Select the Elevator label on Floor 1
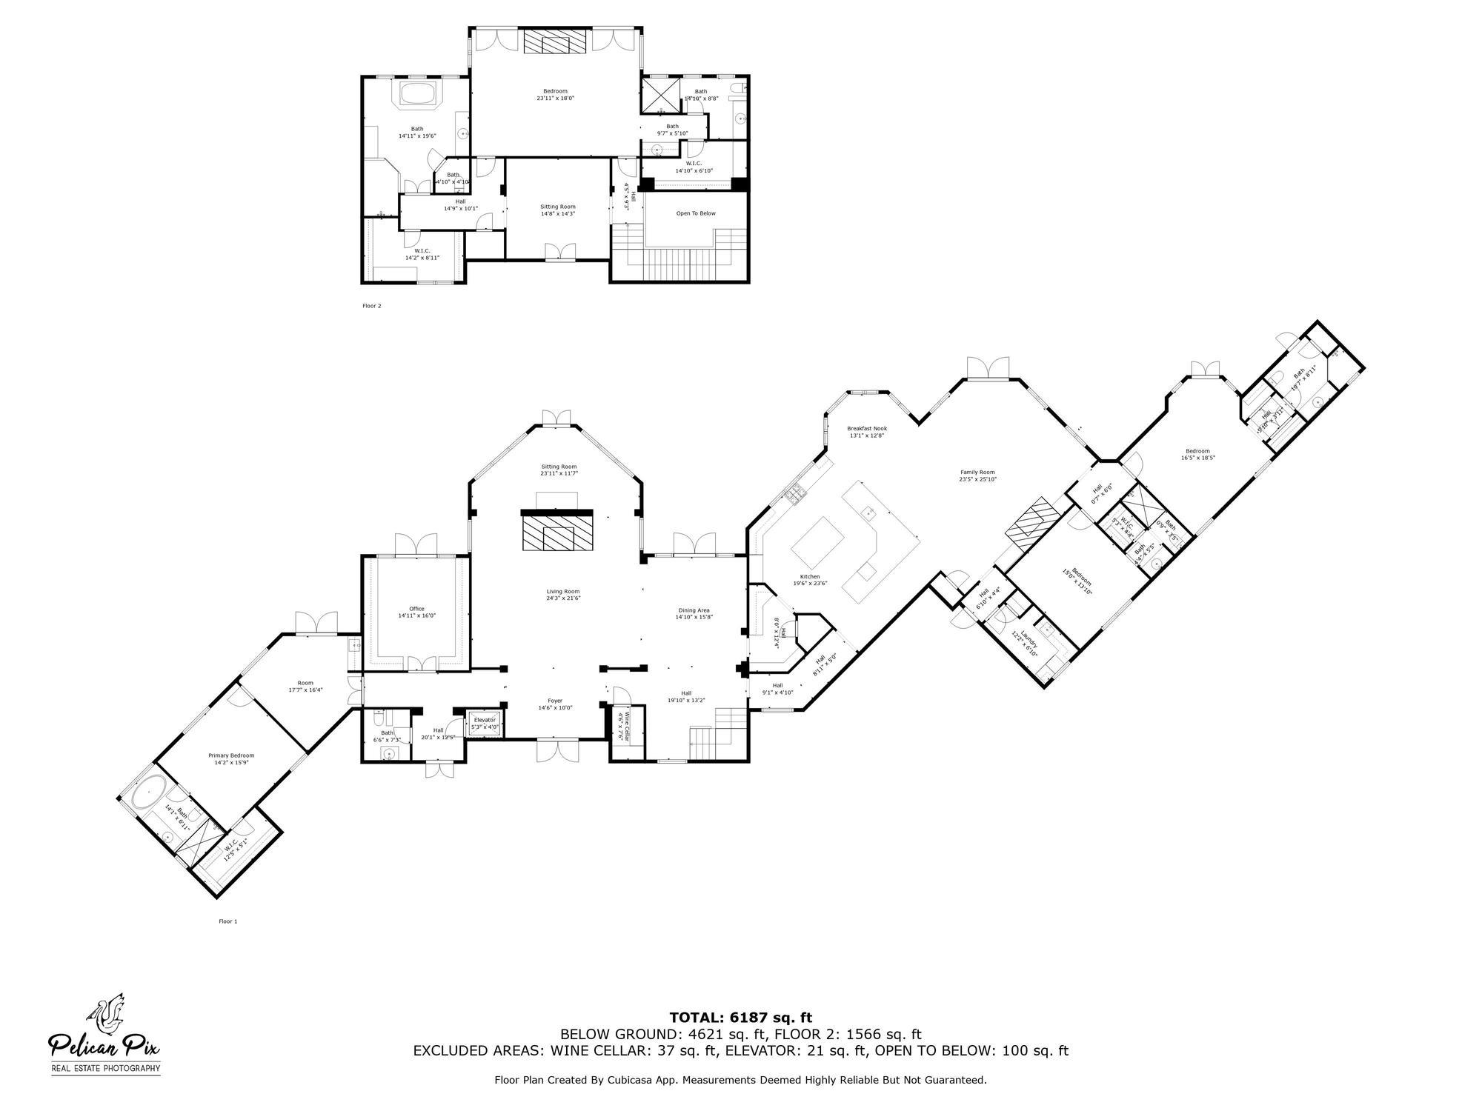(x=485, y=720)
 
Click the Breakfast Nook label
(x=867, y=428)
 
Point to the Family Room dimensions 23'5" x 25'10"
(x=977, y=479)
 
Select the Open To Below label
(x=696, y=213)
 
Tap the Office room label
(x=416, y=609)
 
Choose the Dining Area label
(x=694, y=610)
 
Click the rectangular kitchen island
(x=818, y=541)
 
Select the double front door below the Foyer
(x=557, y=753)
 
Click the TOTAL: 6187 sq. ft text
(x=740, y=1018)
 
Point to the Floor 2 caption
(x=371, y=305)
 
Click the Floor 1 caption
(x=227, y=921)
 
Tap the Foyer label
(x=555, y=701)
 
